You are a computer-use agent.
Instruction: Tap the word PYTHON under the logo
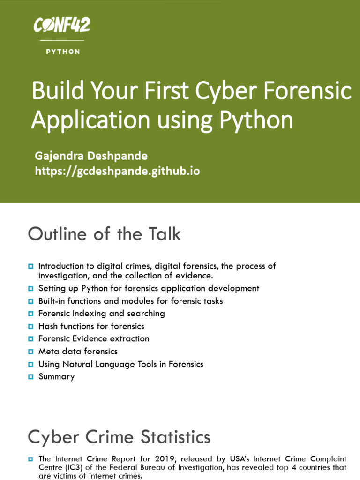pyautogui.click(x=63, y=52)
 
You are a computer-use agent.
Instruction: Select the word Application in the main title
pyautogui.click(x=89, y=120)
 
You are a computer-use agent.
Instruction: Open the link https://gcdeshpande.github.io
pyautogui.click(x=117, y=171)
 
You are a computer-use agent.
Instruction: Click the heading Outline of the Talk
pyautogui.click(x=104, y=234)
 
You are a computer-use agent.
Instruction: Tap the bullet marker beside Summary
pyautogui.click(x=31, y=376)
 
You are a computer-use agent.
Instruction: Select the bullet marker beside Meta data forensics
pyautogui.click(x=31, y=351)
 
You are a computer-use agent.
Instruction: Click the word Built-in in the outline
pyautogui.click(x=52, y=300)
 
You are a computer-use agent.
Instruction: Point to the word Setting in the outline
pyautogui.click(x=51, y=288)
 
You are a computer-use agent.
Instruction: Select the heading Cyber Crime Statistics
pyautogui.click(x=119, y=437)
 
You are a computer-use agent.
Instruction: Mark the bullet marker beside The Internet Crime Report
pyautogui.click(x=31, y=458)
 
